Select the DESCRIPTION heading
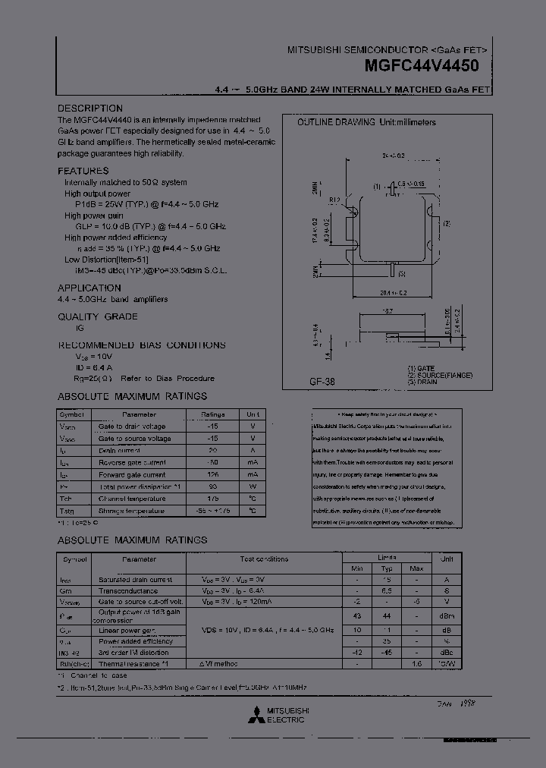tap(90, 109)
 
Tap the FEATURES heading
tap(83, 171)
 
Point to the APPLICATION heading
tap(89, 288)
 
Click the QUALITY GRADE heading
tap(98, 316)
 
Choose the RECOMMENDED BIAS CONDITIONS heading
tap(142, 345)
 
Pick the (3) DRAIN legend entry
tap(422, 382)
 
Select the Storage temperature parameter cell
tap(131, 511)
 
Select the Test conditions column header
tap(264, 559)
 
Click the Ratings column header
tap(213, 414)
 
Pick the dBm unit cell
tap(447, 615)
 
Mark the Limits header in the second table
tap(386, 556)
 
